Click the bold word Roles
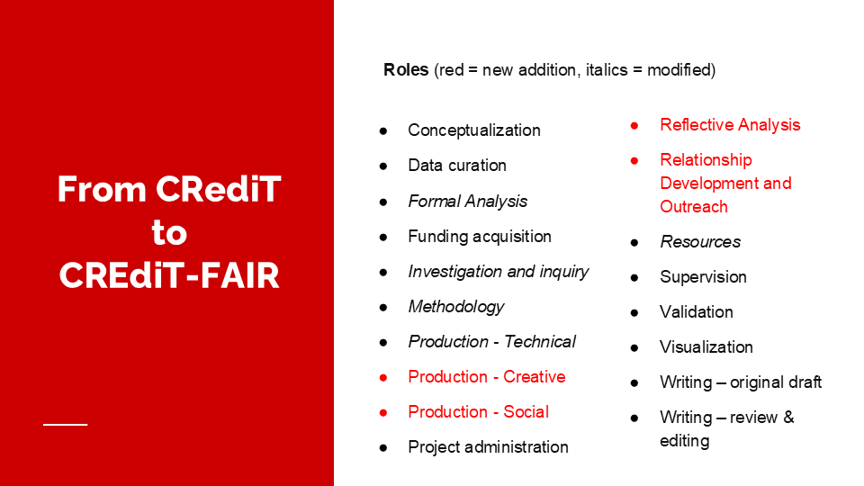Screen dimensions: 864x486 coord(406,70)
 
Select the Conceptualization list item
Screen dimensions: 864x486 coord(474,130)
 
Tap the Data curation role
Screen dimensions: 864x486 coord(457,166)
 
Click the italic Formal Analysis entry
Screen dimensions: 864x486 coord(467,202)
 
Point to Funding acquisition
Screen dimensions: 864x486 coord(480,237)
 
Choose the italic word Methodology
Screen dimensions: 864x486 coord(455,307)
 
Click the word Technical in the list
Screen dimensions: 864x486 coord(539,342)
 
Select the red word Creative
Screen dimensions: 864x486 coord(534,377)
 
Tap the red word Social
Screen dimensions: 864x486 coord(526,412)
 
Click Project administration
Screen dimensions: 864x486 coord(488,447)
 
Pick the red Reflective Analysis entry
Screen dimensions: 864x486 coord(730,125)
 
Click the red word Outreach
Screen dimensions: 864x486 coord(694,207)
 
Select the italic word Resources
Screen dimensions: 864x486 coord(700,242)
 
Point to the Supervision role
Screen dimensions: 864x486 coord(703,277)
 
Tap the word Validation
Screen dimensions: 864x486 coord(697,312)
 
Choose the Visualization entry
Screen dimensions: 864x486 coord(706,347)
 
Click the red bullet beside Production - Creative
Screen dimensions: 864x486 coord(383,377)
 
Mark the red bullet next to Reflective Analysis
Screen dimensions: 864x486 coord(634,126)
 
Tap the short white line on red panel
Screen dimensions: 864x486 coord(66,424)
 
